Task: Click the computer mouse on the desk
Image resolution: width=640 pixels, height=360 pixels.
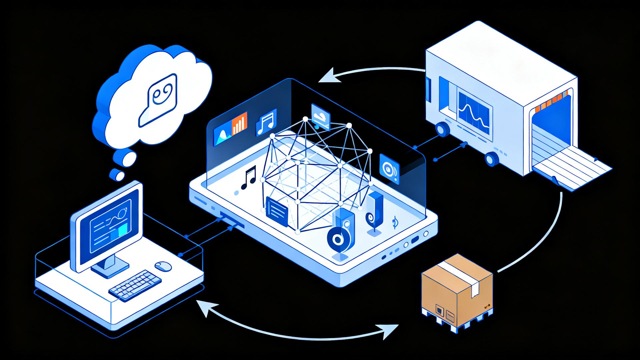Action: click(x=163, y=266)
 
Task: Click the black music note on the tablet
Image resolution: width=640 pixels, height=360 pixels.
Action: click(x=249, y=178)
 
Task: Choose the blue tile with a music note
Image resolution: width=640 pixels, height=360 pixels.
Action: click(x=266, y=122)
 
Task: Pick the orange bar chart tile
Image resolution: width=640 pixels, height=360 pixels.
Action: click(x=239, y=123)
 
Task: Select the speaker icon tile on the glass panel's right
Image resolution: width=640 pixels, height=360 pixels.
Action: click(x=389, y=169)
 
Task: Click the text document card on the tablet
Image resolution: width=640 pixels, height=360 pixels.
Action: click(x=277, y=211)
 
